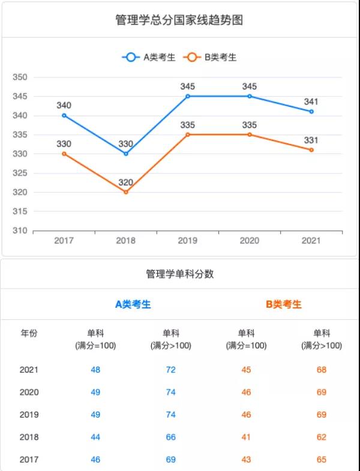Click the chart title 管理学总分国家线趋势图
tap(179, 20)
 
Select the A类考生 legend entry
tap(149, 58)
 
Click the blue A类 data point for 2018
tap(126, 154)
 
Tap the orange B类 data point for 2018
tap(126, 192)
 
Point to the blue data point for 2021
tap(311, 112)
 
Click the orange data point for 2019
tap(188, 134)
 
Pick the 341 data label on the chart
tap(311, 101)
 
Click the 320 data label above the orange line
tap(126, 182)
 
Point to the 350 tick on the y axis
tap(20, 77)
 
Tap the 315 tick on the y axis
tap(20, 211)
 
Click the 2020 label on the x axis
tap(250, 241)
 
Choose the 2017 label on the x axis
tap(64, 241)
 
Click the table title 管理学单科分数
tap(180, 274)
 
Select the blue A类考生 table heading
tap(133, 304)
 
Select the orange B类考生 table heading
tap(284, 304)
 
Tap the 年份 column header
tap(29, 334)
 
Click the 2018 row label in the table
tap(29, 437)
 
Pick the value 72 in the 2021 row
tap(171, 370)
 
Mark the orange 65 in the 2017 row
tap(322, 460)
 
